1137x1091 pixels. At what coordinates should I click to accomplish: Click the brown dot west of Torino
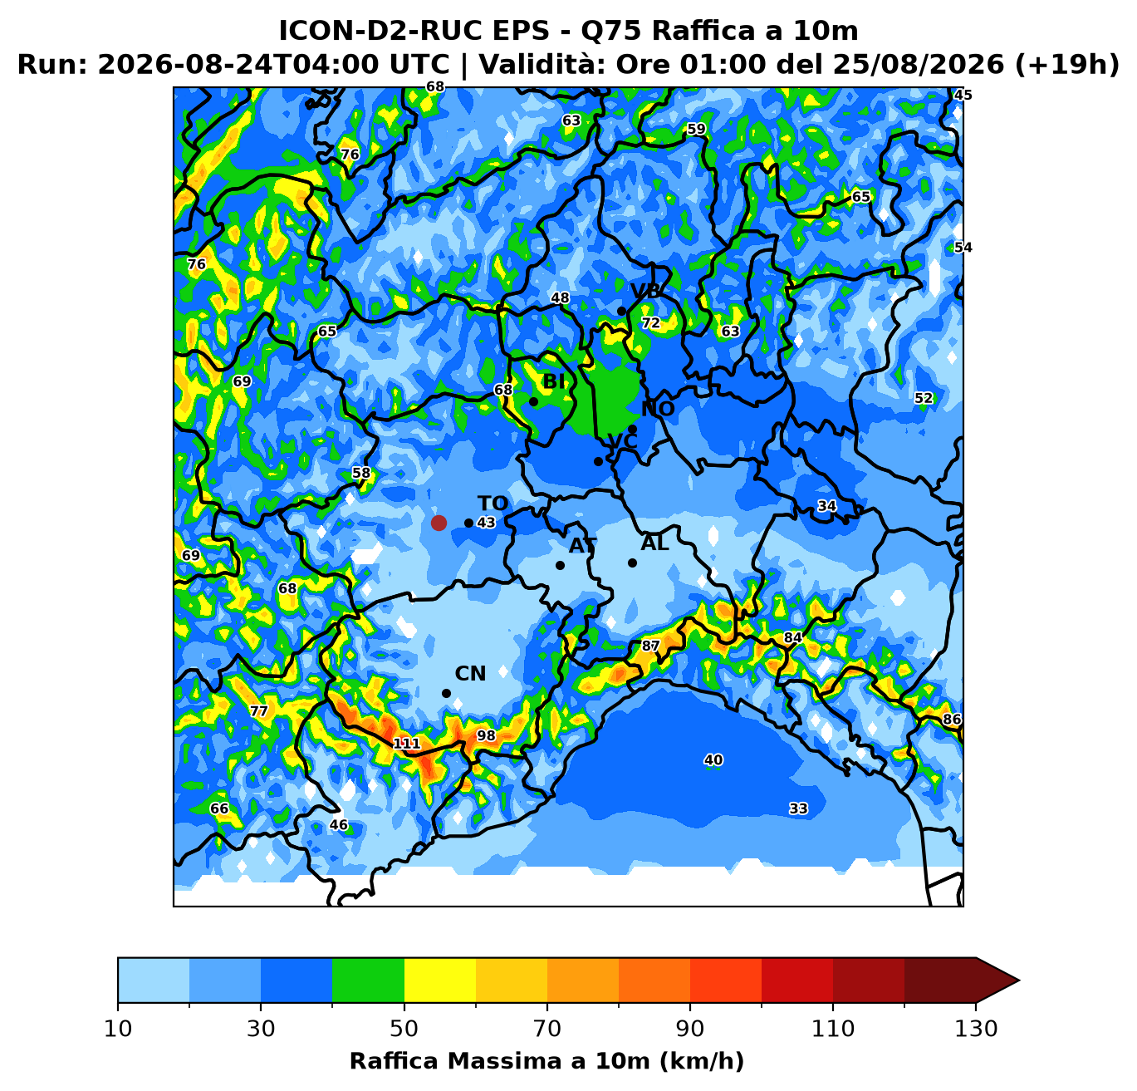[x=439, y=523]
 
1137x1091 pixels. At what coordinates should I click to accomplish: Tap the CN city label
[x=470, y=674]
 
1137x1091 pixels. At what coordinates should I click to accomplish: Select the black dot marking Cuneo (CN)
[x=446, y=694]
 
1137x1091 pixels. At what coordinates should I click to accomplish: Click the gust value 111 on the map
[x=407, y=744]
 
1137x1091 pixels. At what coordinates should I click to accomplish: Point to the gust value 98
[x=486, y=735]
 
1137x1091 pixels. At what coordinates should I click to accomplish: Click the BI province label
[x=554, y=381]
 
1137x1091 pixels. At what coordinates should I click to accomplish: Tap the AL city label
[x=654, y=543]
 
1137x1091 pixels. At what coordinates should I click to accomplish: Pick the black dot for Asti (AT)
[x=560, y=565]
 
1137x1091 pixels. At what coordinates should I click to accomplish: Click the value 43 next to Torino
[x=486, y=523]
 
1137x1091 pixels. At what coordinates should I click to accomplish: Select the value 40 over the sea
[x=713, y=760]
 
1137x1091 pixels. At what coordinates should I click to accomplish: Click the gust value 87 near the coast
[x=650, y=646]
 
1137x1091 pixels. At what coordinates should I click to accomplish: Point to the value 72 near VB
[x=651, y=323]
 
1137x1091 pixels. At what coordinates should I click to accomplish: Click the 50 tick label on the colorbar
[x=404, y=1029]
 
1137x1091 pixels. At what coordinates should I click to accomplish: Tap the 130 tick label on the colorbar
[x=976, y=1029]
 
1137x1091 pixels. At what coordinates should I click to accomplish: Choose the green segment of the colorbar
[x=368, y=980]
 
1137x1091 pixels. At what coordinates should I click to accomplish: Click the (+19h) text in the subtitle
[x=1067, y=64]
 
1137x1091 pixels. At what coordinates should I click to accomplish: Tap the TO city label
[x=493, y=504]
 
